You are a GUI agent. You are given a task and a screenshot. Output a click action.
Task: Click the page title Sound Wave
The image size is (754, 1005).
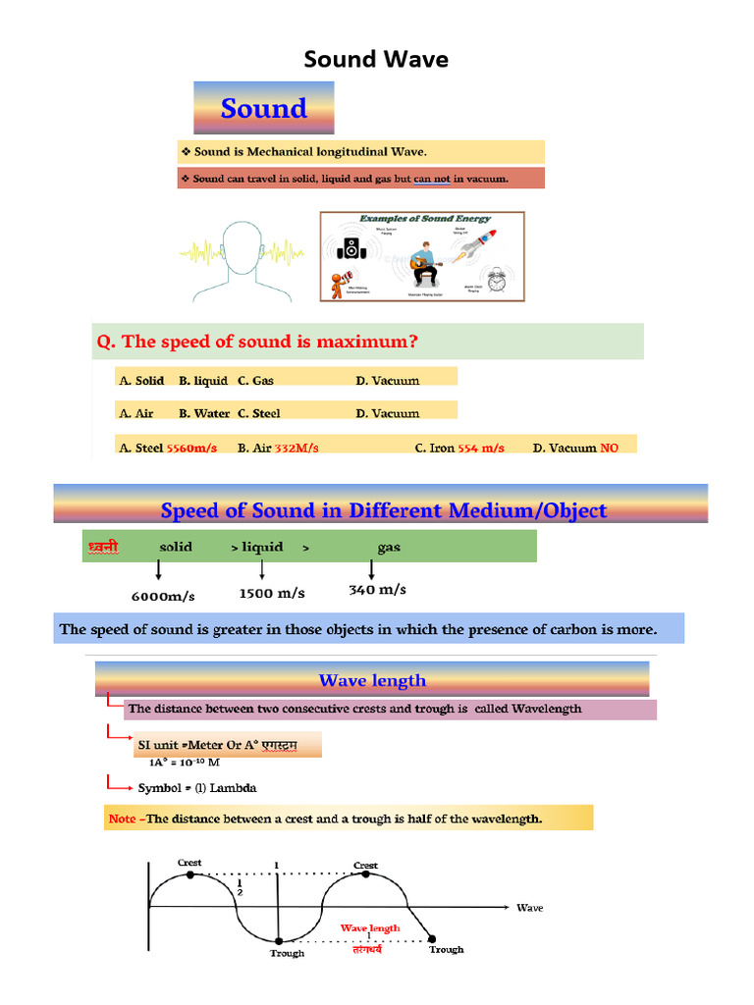pos(376,59)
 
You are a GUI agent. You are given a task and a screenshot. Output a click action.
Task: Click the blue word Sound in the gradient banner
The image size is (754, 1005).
pos(263,108)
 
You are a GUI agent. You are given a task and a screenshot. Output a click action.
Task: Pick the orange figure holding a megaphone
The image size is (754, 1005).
pos(342,284)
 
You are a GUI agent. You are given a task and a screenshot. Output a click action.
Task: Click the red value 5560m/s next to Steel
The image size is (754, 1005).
pos(191,448)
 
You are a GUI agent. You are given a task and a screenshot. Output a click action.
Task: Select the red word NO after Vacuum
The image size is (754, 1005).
pos(610,448)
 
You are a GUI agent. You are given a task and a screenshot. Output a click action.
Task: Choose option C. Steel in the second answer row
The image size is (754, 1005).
pos(259,413)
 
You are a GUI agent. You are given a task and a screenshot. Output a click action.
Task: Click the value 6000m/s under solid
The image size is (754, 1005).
pos(163,596)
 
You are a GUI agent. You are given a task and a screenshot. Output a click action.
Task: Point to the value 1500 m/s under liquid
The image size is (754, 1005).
pos(272,593)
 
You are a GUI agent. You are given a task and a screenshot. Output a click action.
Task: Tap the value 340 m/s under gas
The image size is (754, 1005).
pos(377,590)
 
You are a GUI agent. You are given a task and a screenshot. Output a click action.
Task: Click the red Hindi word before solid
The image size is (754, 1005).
pos(102,547)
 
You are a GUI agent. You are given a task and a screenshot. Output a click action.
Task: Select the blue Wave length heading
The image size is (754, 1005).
pos(372,680)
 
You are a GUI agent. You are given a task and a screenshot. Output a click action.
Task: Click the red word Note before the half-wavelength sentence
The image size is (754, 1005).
pos(123,819)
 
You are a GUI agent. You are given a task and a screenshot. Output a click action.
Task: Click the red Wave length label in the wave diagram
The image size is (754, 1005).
pos(370,927)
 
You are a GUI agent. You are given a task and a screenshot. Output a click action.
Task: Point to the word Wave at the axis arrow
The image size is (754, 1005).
pos(530,908)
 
